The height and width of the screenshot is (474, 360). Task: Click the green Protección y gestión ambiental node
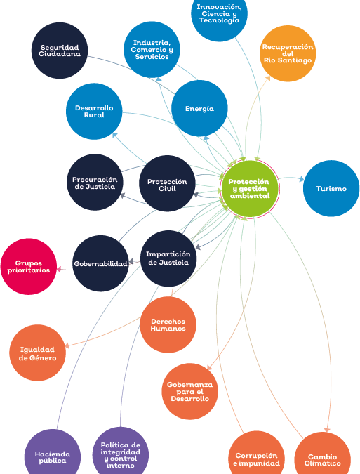pos(250,188)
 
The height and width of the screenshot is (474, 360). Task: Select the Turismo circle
pos(331,188)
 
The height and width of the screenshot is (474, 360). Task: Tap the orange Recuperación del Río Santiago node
pos(288,53)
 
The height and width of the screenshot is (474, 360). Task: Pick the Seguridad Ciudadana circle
pos(60,51)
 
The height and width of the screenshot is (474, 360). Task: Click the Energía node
pos(199,108)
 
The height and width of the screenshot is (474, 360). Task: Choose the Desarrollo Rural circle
pos(94,111)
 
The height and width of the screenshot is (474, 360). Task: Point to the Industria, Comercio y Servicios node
pos(152,50)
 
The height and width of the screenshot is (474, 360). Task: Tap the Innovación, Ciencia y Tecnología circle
pos(219,13)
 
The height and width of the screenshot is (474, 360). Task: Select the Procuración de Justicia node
pos(95,182)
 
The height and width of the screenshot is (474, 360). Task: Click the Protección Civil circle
pos(167,183)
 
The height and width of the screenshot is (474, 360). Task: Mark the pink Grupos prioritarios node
pos(29,266)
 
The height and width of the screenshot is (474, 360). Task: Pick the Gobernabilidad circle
pos(100,263)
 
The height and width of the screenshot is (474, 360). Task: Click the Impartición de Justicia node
pos(168,258)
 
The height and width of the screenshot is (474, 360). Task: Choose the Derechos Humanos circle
pos(168,324)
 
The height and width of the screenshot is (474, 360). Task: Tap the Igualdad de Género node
pos(37,353)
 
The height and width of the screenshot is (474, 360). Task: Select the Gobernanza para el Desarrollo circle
pos(189,391)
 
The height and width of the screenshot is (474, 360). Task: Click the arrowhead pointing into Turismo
pos(302,179)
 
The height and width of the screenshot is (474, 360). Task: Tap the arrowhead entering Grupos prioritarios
pos(59,269)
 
